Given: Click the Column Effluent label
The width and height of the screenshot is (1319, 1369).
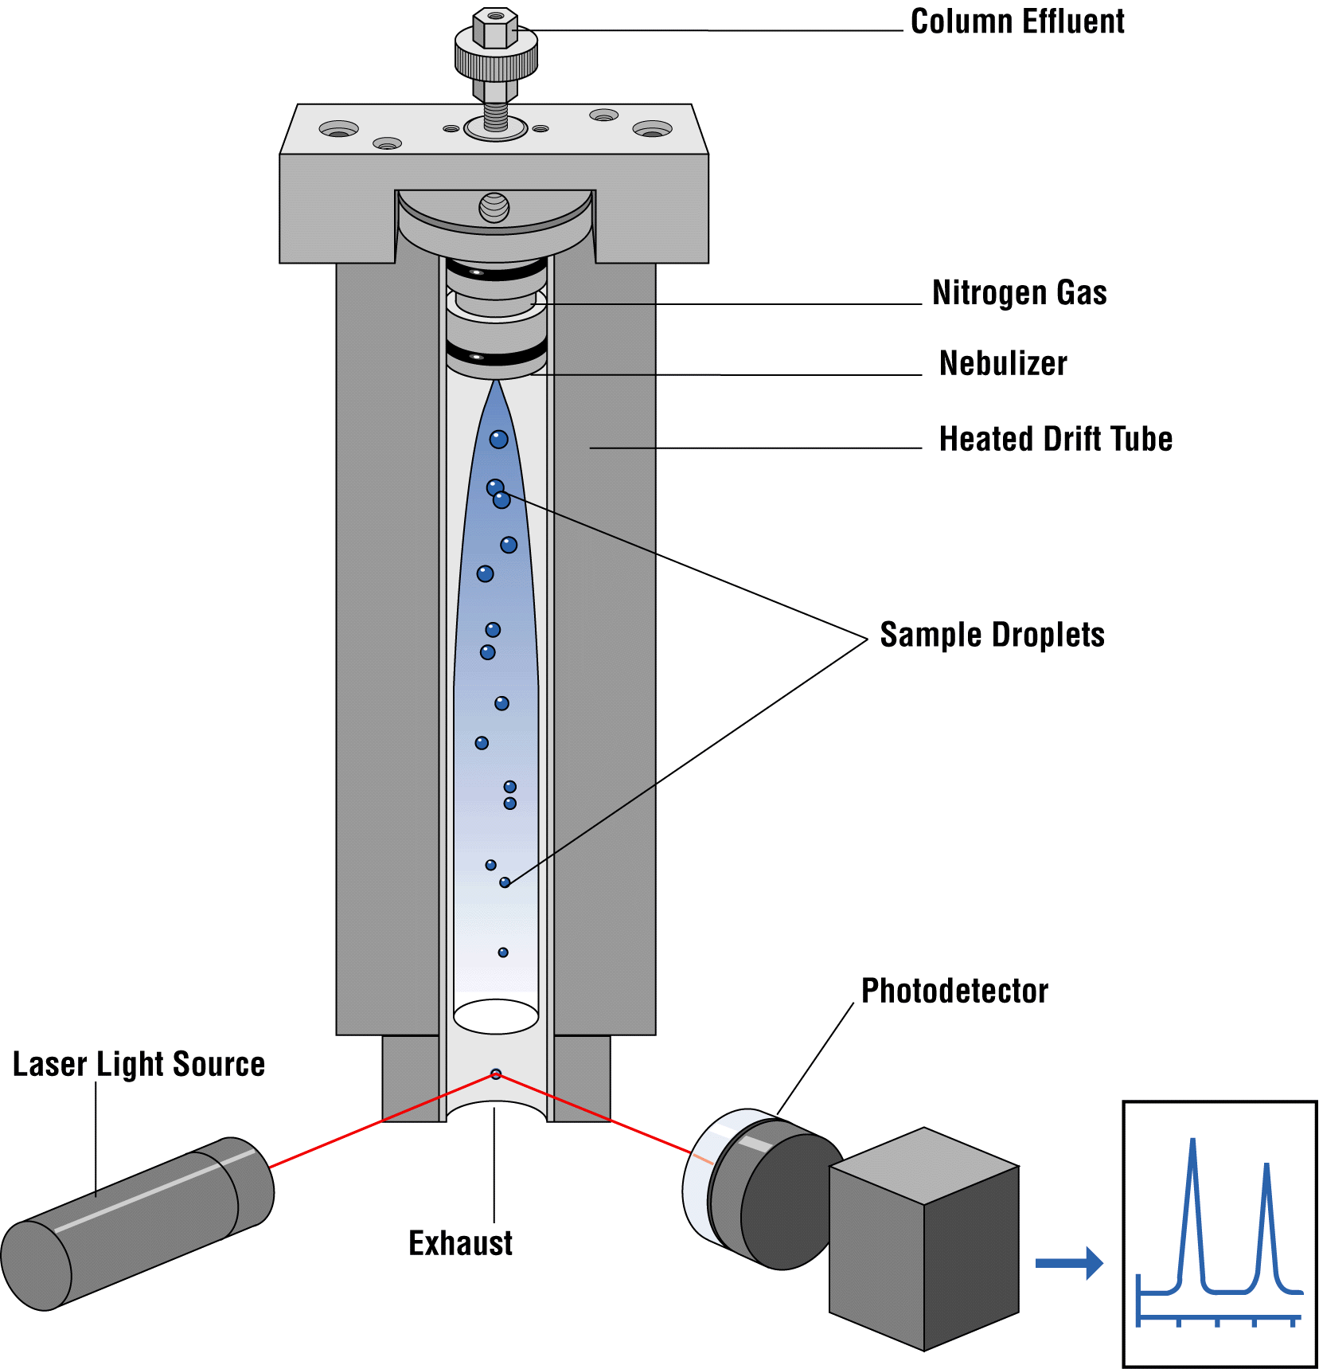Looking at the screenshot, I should (1017, 22).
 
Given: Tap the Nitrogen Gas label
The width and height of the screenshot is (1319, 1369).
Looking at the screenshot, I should (1019, 293).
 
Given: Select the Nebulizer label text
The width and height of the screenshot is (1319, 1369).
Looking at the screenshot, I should (1002, 364).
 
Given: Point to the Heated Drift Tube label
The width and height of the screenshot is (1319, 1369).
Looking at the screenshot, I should (1055, 440).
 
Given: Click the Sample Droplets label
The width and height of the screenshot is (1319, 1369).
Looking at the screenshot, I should (992, 636).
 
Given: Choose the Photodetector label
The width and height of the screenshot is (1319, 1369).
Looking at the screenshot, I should (954, 992).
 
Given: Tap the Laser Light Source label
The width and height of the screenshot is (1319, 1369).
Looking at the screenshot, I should (139, 1065).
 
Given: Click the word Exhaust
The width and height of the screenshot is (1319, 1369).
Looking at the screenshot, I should (460, 1243).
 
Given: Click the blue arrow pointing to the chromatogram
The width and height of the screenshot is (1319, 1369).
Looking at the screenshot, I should (1068, 1263).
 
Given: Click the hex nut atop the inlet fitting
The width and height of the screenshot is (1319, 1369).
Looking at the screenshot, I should (495, 28).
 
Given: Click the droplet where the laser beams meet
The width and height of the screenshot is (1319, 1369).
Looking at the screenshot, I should (496, 1074).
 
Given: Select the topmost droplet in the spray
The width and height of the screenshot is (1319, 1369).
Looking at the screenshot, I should (498, 439).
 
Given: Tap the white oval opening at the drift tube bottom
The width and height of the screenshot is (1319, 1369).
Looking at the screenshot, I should (496, 1016).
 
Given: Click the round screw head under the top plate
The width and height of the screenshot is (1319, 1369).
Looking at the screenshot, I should (494, 207).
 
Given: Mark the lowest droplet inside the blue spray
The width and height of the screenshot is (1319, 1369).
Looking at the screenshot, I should (503, 952).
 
